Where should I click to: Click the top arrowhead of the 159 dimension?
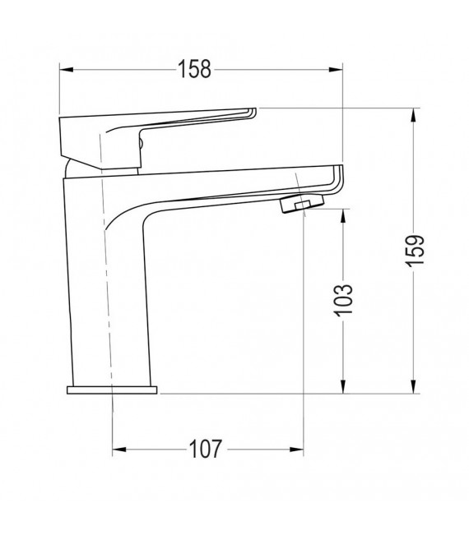click(413, 113)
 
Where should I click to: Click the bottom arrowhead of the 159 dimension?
click(413, 389)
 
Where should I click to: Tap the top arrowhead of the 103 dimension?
click(343, 213)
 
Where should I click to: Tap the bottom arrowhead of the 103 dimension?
click(343, 389)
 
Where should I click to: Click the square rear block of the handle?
click(82, 140)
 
